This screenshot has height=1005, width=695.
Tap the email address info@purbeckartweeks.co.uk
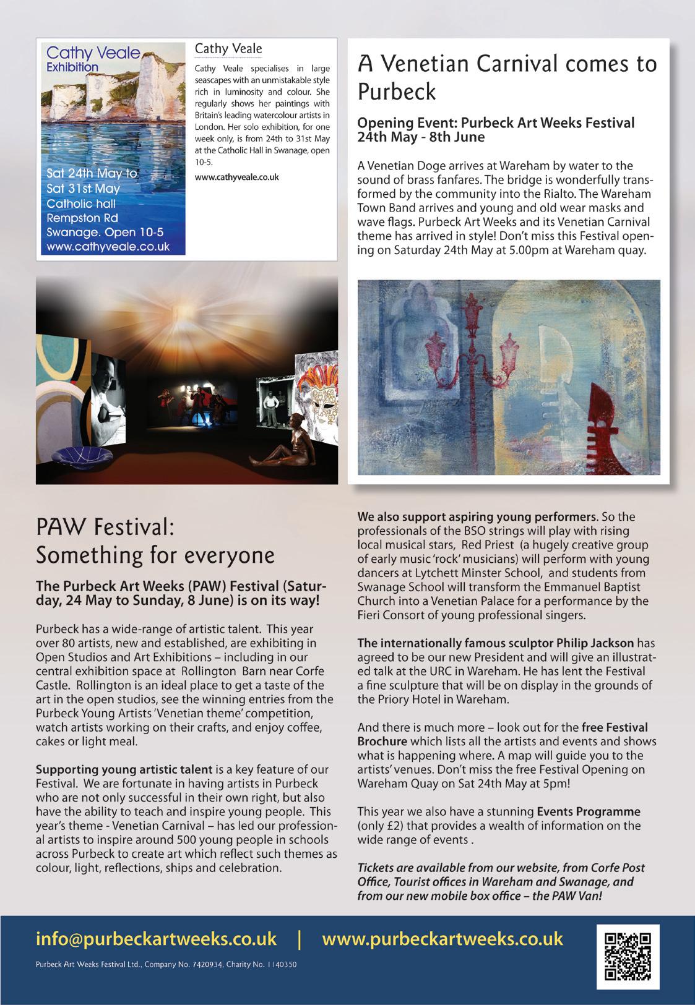point(156,938)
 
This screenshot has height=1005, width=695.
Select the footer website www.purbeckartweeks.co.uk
point(442,938)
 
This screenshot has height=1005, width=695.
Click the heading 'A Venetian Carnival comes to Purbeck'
point(507,77)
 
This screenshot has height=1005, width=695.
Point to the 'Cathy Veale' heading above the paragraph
point(228,48)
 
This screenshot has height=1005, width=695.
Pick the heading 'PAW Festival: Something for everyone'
point(155,542)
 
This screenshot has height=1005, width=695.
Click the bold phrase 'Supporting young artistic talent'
point(124,770)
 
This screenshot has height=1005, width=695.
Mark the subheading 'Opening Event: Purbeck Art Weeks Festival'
point(496,122)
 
